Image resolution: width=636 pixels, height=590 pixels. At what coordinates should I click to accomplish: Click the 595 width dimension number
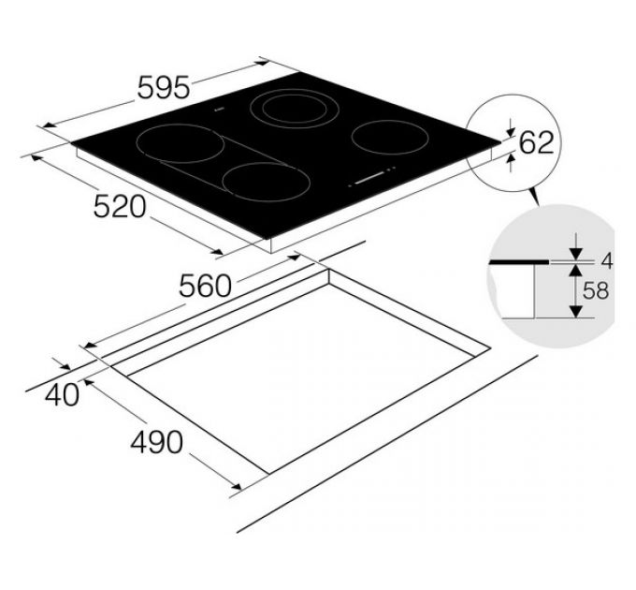point(164,87)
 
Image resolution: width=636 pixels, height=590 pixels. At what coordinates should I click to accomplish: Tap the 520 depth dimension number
point(120,206)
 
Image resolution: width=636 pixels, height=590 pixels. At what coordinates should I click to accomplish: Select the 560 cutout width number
point(205,286)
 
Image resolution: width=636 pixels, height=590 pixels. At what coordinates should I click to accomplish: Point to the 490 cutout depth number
point(156,442)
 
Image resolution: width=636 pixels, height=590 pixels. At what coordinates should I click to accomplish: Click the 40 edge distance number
point(62,394)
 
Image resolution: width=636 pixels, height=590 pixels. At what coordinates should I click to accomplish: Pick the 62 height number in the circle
point(537,142)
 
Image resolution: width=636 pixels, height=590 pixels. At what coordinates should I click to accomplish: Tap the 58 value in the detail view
point(596,290)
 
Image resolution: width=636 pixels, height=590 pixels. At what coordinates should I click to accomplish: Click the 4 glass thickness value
point(606,261)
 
